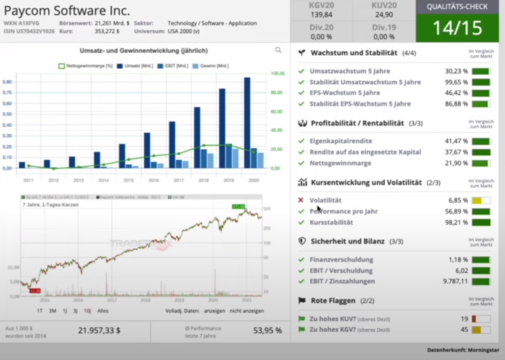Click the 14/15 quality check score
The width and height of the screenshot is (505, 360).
(457, 28)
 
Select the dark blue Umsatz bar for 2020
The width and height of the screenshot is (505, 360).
(247, 123)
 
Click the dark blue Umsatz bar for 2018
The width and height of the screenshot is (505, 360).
(197, 138)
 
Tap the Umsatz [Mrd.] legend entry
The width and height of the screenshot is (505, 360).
(135, 66)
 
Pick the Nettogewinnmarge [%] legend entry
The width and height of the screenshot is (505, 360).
(86, 66)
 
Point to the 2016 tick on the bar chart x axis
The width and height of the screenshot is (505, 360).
(153, 181)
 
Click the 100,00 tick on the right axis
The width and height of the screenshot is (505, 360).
(278, 73)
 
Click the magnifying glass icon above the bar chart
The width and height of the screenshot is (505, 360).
(278, 50)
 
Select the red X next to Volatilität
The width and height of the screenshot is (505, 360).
(301, 200)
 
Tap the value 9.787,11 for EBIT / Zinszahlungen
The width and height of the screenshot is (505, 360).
(455, 281)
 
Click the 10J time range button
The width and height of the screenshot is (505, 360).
(87, 311)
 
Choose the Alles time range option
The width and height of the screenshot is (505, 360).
(103, 311)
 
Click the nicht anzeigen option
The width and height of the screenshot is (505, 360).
(247, 311)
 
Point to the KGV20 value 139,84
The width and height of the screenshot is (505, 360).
(321, 15)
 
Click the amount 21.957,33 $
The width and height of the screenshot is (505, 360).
(99, 331)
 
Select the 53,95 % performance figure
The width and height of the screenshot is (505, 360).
(267, 331)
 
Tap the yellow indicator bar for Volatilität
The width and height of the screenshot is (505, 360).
(477, 201)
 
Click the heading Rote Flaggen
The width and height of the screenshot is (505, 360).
(333, 301)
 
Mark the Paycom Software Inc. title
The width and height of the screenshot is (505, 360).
(67, 11)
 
